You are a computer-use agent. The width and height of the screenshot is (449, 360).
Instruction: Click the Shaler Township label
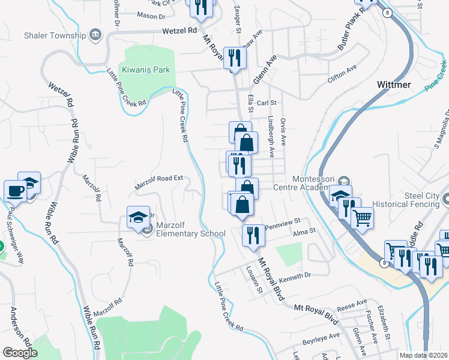pos(55,35)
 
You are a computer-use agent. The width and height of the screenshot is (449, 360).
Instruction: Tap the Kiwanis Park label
pos(146,70)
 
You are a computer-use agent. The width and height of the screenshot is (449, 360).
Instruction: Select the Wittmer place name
pos(394,85)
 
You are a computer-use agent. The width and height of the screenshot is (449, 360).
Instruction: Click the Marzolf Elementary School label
pos(190,229)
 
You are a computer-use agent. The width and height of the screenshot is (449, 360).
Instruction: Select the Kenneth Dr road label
pos(296,276)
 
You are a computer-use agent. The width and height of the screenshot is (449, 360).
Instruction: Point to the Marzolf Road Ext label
pos(158,183)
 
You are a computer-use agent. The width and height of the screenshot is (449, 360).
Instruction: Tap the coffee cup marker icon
pos(15,191)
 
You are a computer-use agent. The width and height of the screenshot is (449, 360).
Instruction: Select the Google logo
pos(20,353)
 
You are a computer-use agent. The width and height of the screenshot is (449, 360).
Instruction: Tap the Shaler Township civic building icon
pos(95,35)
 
